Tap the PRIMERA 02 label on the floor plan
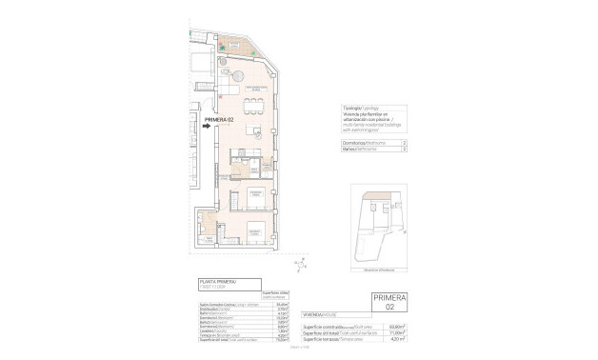pyautogui.click(x=211, y=120)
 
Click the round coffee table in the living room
pyautogui.click(x=236, y=74)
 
